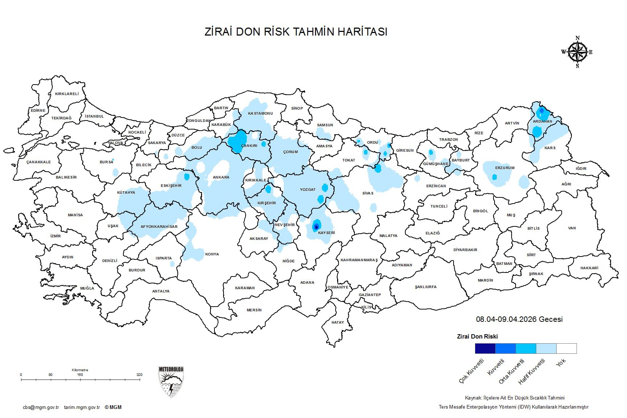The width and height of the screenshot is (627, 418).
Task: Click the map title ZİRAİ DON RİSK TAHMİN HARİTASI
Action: pyautogui.click(x=296, y=32)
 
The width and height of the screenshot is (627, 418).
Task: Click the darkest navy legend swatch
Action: pyautogui.click(x=485, y=348)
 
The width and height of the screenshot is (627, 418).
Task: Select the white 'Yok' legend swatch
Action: pyautogui.click(x=566, y=348)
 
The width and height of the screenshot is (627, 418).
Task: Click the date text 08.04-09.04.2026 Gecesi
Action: pyautogui.click(x=519, y=319)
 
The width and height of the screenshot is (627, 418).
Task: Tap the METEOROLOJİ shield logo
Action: pyautogui.click(x=171, y=382)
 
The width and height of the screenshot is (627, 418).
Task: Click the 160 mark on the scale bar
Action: pyautogui.click(x=80, y=375)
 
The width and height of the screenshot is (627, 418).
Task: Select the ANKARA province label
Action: pyautogui.click(x=221, y=177)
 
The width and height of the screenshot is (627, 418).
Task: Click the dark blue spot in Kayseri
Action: pyautogui.click(x=316, y=227)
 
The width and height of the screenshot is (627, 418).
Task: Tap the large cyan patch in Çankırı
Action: pyautogui.click(x=239, y=141)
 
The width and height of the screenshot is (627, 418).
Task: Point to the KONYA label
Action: pyautogui.click(x=212, y=254)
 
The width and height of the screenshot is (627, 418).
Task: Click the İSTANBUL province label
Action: pyautogui.click(x=94, y=116)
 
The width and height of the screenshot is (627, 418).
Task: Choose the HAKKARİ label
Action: pyautogui.click(x=589, y=268)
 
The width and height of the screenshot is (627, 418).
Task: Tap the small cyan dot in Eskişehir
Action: pyautogui.click(x=187, y=177)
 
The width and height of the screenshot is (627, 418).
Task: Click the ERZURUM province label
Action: pyautogui.click(x=505, y=168)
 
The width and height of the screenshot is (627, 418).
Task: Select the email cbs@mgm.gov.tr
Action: pyautogui.click(x=41, y=407)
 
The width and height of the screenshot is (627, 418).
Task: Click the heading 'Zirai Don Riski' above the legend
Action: pyautogui.click(x=477, y=336)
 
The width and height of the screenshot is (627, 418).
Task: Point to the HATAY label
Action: pyautogui.click(x=337, y=322)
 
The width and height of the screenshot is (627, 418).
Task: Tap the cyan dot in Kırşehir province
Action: pyautogui.click(x=268, y=189)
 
